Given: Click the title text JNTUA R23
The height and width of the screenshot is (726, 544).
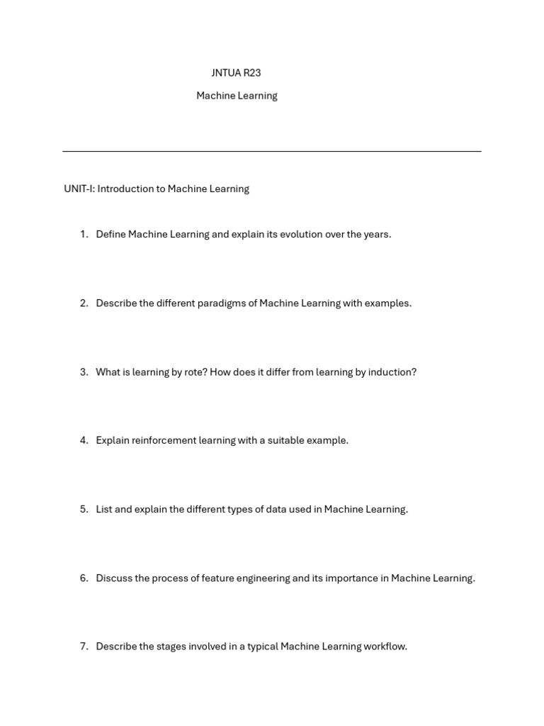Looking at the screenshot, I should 236,73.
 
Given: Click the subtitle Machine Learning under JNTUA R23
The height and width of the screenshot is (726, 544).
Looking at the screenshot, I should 237,96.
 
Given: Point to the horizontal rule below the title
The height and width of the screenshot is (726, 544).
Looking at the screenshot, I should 271,151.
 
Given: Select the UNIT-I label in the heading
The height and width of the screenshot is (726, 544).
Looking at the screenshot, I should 79,189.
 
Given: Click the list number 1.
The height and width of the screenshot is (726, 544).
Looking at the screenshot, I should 84,234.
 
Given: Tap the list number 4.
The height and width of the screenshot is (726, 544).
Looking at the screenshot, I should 84,440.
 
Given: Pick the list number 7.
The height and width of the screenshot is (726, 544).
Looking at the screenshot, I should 84,646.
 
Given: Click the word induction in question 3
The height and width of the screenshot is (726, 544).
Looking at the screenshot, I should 393,372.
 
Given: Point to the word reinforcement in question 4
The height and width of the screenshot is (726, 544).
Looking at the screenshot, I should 164,440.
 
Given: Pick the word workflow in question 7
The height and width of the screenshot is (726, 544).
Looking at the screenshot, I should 385,646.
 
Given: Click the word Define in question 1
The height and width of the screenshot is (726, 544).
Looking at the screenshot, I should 110,234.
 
